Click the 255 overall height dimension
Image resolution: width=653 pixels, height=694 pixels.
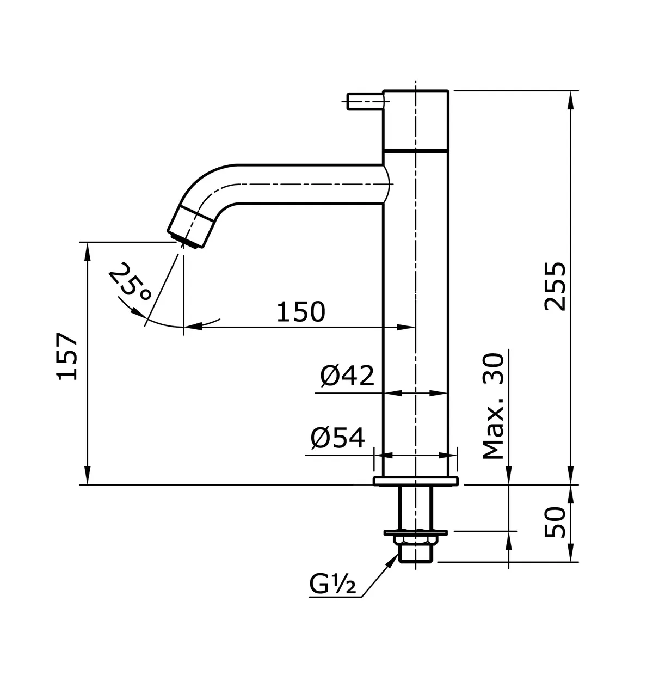pyautogui.click(x=556, y=286)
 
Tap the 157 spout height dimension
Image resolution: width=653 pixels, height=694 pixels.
pyautogui.click(x=67, y=356)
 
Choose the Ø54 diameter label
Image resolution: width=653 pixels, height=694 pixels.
pyautogui.click(x=337, y=438)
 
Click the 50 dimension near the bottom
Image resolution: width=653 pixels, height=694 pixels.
pyautogui.click(x=556, y=522)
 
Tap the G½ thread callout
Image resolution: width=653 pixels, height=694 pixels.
pyautogui.click(x=332, y=586)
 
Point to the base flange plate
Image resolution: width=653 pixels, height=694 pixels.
pyautogui.click(x=416, y=481)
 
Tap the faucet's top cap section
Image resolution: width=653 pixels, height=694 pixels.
pyautogui.click(x=416, y=120)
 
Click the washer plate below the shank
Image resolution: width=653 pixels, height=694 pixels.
pyautogui.click(x=416, y=532)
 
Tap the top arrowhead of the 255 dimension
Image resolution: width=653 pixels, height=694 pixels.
pyautogui.click(x=570, y=96)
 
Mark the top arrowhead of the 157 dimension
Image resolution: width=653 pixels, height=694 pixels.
pyautogui.click(x=87, y=248)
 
